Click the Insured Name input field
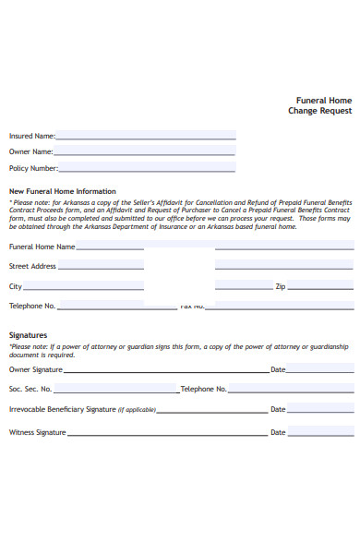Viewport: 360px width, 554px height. (145, 136)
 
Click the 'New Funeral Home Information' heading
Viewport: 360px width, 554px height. (62, 191)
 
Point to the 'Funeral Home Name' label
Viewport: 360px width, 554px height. (42, 247)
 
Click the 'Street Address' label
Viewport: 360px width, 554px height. (32, 266)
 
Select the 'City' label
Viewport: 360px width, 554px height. (16, 286)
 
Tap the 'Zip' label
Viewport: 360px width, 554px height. (281, 286)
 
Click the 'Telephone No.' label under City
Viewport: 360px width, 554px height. (32, 306)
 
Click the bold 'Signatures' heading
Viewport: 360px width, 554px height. (28, 335)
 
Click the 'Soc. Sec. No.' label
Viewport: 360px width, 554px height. (30, 389)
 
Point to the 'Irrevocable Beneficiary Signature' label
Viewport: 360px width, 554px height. (62, 409)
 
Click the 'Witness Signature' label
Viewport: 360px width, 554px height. (37, 432)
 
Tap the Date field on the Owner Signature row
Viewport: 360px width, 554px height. (319, 369)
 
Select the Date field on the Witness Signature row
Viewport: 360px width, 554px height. (319, 432)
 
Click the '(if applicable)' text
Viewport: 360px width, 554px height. (137, 410)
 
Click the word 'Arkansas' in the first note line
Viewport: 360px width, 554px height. (84, 202)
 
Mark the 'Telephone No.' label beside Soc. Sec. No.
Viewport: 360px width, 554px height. (204, 389)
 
